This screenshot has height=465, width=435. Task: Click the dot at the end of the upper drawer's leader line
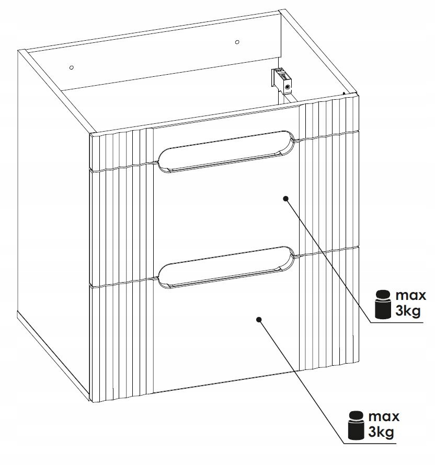286,199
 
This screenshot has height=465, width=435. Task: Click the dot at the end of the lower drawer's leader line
259,319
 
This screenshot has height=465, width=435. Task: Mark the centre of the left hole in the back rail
71,67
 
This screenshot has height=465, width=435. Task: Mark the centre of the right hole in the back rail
237,42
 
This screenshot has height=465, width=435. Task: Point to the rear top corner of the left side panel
18,50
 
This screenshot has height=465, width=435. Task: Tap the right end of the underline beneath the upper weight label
423,322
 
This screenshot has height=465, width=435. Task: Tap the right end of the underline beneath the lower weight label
396,444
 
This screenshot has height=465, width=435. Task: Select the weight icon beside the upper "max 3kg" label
383,305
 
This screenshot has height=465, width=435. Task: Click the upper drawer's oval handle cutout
226,151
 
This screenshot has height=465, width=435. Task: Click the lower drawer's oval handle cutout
226,267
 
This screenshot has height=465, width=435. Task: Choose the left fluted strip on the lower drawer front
122,341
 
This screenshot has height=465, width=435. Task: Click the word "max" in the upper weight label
411,296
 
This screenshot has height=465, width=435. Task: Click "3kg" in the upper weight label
408,311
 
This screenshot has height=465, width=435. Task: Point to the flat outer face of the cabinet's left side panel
53,207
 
